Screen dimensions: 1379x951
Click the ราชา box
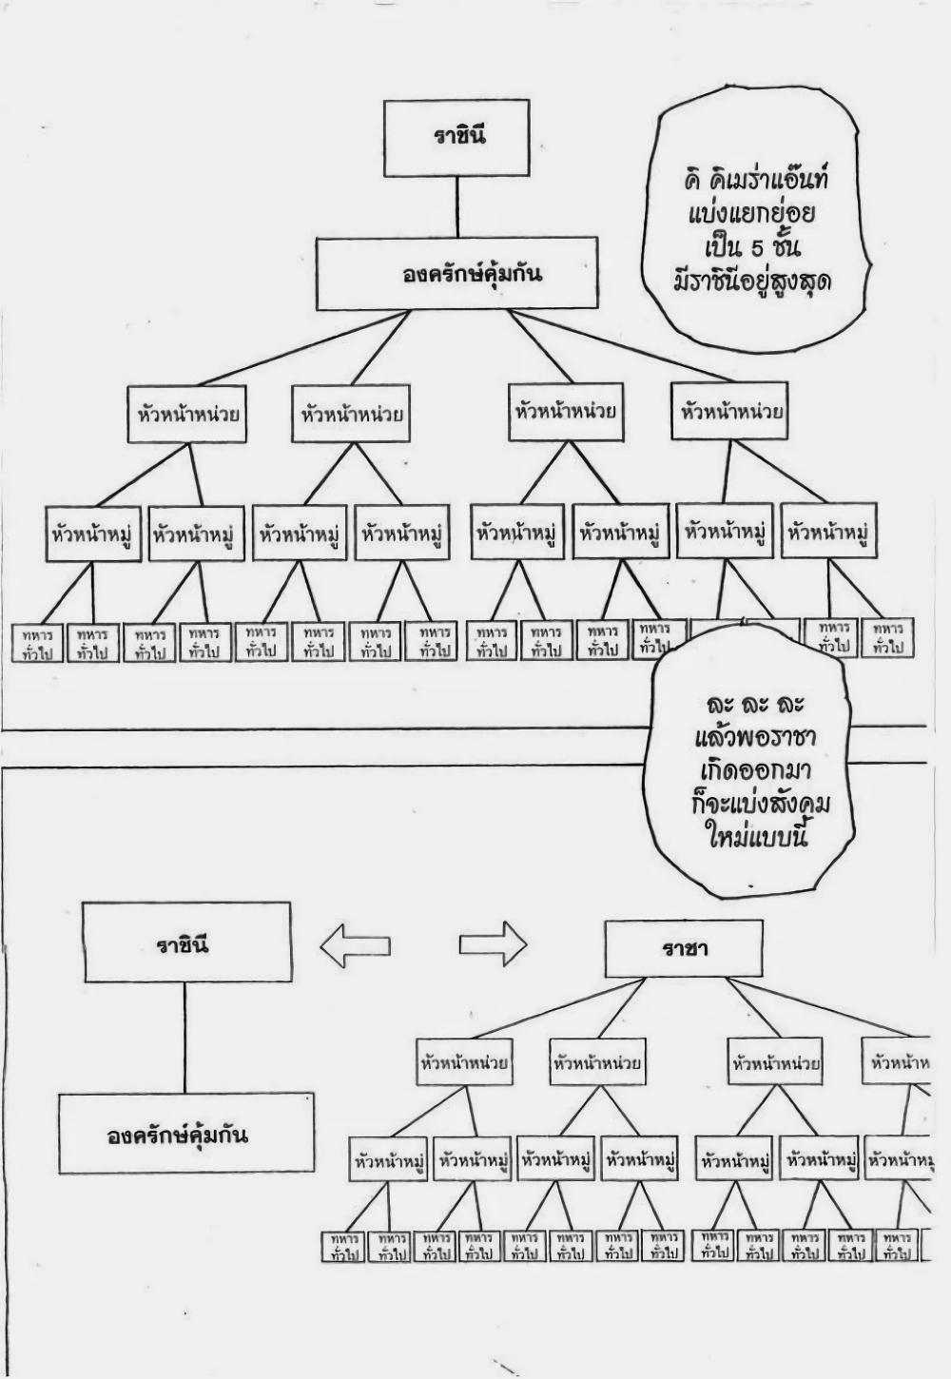(683, 949)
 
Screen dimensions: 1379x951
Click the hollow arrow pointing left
(355, 945)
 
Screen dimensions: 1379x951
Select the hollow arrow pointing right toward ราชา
(493, 944)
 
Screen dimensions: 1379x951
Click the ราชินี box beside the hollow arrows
(185, 942)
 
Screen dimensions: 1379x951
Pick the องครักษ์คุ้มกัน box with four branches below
(457, 274)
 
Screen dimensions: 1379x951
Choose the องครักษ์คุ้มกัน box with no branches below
(185, 1133)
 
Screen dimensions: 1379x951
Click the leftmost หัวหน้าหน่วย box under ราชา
(464, 1062)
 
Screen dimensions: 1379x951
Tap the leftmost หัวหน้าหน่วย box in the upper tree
(187, 415)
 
